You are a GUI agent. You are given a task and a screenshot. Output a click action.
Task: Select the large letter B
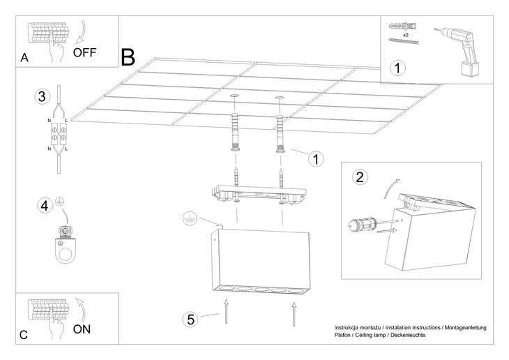128,57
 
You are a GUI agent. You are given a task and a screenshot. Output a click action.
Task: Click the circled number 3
43,97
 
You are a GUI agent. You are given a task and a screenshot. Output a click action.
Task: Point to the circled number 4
44,205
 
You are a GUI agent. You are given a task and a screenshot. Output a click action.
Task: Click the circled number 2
359,177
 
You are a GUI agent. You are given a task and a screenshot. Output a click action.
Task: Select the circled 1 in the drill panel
397,68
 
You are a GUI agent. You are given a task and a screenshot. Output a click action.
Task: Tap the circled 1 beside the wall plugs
316,158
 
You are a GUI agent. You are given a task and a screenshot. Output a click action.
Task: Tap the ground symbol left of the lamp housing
186,218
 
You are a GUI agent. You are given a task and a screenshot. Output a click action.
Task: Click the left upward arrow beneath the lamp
225,310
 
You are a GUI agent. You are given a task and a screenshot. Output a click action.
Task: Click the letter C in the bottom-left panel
24,335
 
